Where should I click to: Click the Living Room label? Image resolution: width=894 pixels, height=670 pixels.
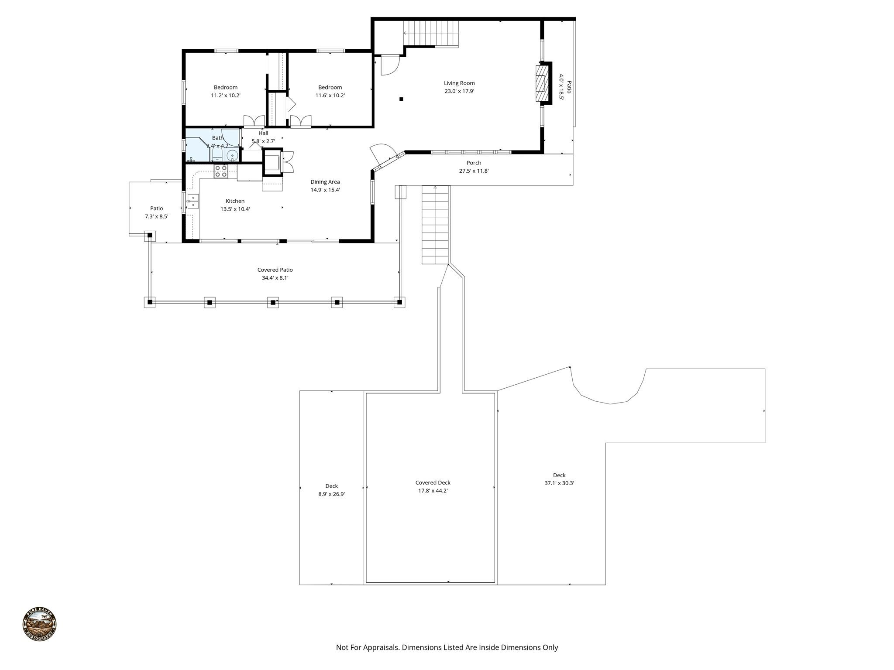point(459,83)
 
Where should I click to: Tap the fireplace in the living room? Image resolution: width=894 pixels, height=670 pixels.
point(542,83)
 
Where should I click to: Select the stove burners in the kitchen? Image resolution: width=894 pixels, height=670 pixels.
point(220,171)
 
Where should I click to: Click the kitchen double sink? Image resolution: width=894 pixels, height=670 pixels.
point(193,201)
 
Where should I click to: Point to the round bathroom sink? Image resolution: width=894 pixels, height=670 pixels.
point(232,155)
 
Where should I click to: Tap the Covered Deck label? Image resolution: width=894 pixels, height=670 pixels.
point(433,482)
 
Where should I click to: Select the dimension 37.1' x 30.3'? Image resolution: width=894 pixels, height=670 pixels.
point(559,483)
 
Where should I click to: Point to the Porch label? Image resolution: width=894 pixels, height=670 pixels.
point(474,163)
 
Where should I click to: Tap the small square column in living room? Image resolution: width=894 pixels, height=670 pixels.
point(401,99)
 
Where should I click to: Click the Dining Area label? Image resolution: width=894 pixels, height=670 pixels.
point(325,182)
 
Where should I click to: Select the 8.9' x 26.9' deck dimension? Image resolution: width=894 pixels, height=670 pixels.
point(331,494)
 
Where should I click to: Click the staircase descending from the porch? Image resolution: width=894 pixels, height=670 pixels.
point(435,225)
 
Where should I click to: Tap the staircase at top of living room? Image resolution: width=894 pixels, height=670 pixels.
point(431,33)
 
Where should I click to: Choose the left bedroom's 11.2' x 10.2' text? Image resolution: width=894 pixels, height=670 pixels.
point(226,96)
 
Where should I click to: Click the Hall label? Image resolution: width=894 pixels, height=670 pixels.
point(263,133)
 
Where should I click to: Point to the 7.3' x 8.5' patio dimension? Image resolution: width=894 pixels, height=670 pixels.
point(156,216)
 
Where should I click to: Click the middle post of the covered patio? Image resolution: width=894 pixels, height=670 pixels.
point(273,302)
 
